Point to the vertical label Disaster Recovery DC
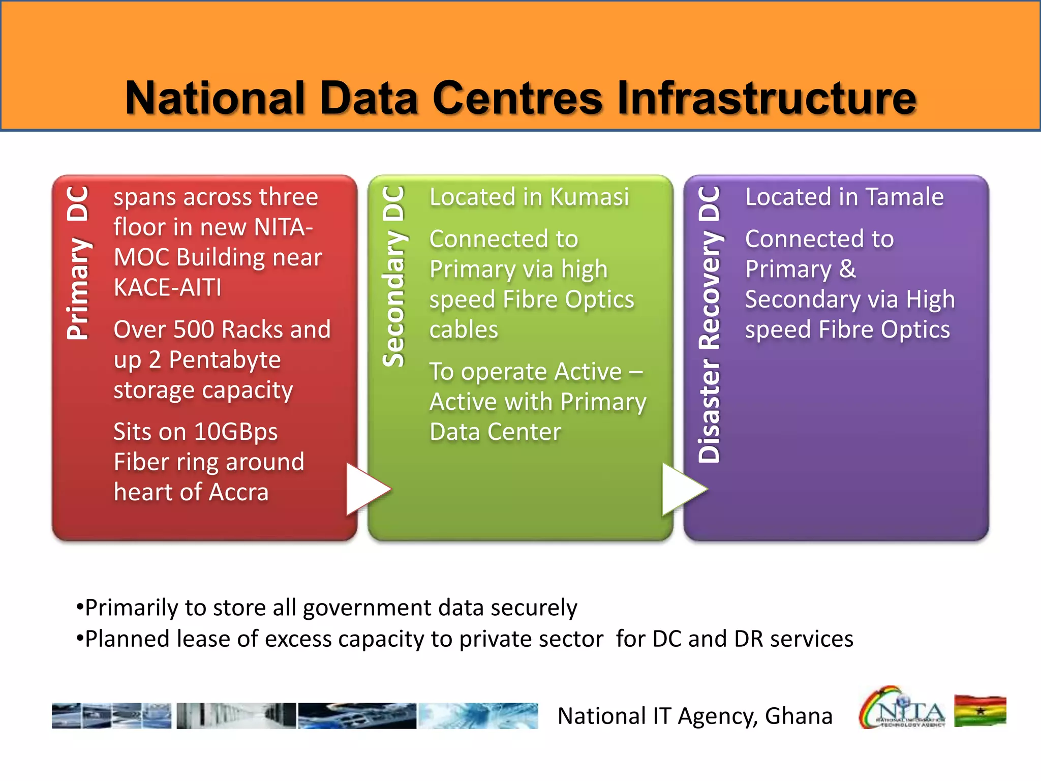(x=710, y=324)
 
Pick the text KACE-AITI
(x=168, y=288)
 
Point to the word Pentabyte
(x=225, y=360)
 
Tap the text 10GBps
(x=236, y=432)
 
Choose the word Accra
(x=238, y=492)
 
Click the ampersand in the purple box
(x=847, y=269)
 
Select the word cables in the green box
(x=464, y=329)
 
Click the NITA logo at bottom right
(x=901, y=708)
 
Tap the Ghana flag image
(x=980, y=711)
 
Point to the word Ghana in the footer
(x=799, y=716)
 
